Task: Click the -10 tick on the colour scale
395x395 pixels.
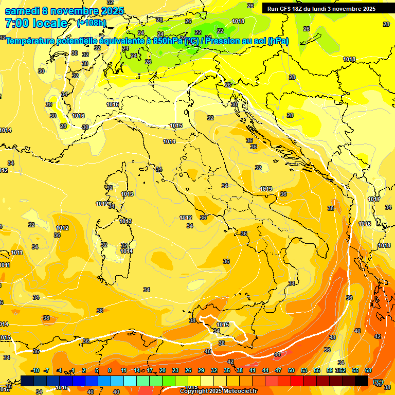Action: click(35, 370)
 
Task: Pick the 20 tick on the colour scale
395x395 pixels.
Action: click(163, 370)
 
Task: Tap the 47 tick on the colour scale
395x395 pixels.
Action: click(278, 370)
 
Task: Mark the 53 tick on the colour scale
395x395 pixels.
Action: click(304, 370)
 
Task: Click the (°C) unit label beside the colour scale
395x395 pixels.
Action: click(378, 381)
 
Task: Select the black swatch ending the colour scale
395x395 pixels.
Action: click(362, 381)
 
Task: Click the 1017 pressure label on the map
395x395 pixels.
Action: click(374, 199)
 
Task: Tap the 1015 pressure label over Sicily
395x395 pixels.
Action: click(223, 325)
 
